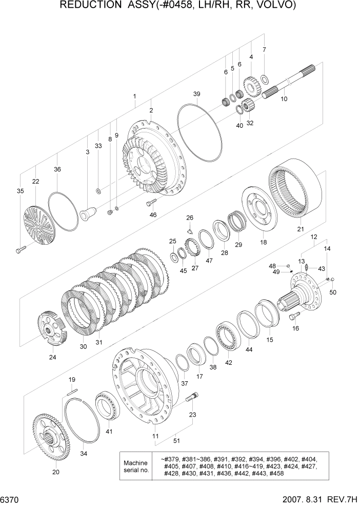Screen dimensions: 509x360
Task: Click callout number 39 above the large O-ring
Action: pyautogui.click(x=196, y=94)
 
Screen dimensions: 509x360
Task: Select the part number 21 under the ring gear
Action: pyautogui.click(x=301, y=229)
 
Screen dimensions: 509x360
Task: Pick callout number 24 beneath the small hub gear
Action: pyautogui.click(x=52, y=357)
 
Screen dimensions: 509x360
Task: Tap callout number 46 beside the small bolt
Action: pyautogui.click(x=153, y=214)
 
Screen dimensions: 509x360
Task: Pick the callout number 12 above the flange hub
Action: pyautogui.click(x=314, y=237)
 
